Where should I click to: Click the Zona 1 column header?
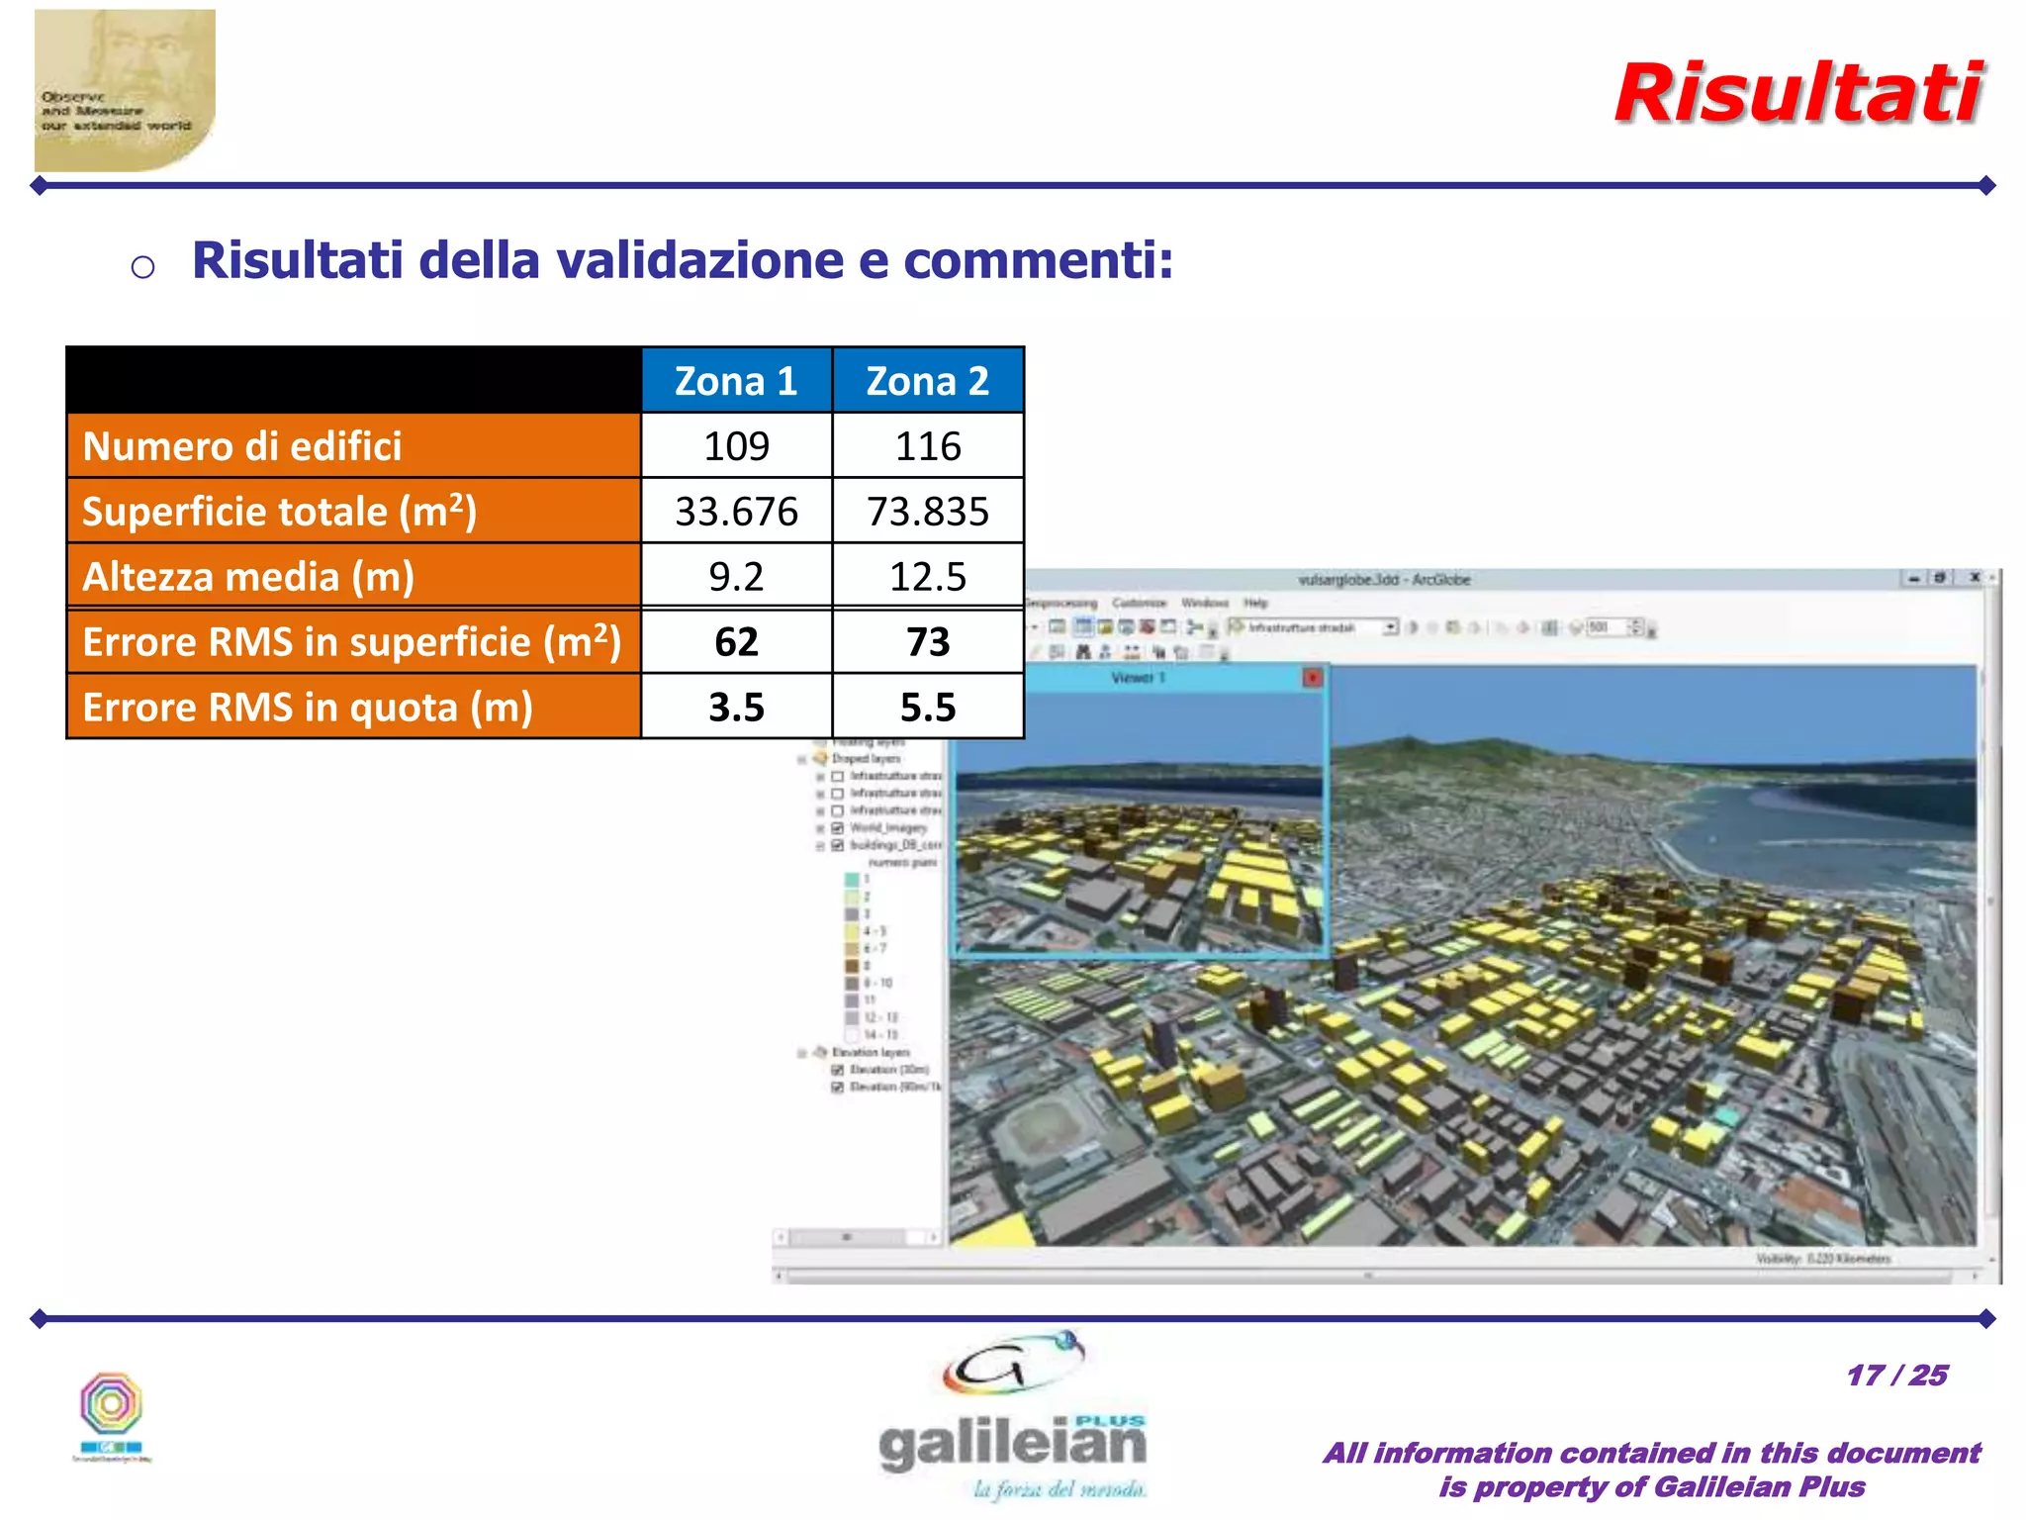(736, 381)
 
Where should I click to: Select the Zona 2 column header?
(927, 381)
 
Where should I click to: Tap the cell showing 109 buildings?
(736, 446)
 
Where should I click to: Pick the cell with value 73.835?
(927, 512)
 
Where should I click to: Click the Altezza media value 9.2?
(736, 577)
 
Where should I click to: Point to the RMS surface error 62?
(736, 642)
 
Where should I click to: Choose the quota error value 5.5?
(927, 708)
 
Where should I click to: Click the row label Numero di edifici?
(242, 446)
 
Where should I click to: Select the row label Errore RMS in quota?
(308, 708)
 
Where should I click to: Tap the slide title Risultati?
(1798, 94)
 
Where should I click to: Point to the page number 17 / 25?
(1896, 1376)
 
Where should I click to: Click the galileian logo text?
(1012, 1445)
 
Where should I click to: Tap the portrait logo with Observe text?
(124, 90)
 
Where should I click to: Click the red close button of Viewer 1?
(1312, 678)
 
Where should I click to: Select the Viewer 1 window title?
(1138, 678)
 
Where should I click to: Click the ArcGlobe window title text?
(1383, 580)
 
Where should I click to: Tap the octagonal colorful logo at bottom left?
(111, 1403)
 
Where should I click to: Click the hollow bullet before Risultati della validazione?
(142, 266)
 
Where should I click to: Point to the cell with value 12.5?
(927, 577)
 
